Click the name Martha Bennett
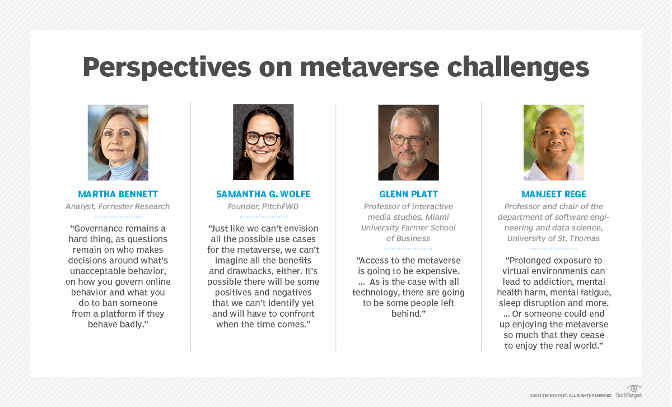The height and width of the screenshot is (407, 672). click(118, 195)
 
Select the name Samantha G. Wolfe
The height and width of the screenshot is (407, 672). click(263, 195)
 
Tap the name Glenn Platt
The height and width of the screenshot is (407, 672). click(408, 195)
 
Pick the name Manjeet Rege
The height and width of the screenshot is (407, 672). click(554, 195)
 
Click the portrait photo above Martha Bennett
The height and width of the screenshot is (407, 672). click(118, 142)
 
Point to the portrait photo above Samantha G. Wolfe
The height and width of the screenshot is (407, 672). click(263, 142)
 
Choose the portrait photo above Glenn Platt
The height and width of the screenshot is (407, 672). click(408, 142)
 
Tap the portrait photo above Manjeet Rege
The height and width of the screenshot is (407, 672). click(554, 142)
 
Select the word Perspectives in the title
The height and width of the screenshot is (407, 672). click(167, 67)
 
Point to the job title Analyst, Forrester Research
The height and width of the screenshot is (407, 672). click(118, 207)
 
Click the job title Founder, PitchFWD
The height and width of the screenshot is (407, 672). click(263, 207)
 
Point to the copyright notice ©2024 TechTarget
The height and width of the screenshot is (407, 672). click(571, 395)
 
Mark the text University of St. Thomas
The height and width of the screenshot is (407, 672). click(554, 239)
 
